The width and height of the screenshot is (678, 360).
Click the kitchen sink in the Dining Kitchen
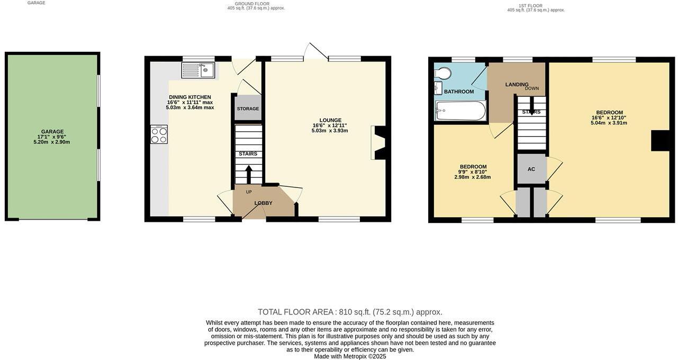click(198, 70)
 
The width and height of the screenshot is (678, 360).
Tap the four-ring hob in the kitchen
click(159, 134)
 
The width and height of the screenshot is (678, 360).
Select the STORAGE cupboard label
click(248, 109)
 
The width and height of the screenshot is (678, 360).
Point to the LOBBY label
click(263, 203)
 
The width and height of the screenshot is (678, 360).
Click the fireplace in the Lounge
click(379, 142)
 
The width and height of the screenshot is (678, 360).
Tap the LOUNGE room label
click(330, 120)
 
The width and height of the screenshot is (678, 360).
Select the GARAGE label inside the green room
click(52, 132)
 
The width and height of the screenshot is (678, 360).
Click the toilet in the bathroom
click(444, 73)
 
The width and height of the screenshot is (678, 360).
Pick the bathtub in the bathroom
click(459, 111)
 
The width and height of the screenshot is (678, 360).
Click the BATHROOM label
click(459, 92)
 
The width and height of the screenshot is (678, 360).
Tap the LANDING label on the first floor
click(517, 85)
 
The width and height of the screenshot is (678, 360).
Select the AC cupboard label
click(531, 169)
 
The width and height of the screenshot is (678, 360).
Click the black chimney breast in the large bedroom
click(660, 140)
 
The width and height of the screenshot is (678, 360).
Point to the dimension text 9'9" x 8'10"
click(473, 172)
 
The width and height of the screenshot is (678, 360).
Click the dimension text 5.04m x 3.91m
click(609, 123)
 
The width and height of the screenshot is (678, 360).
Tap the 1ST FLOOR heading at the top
click(530, 5)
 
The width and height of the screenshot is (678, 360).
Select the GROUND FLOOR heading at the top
click(252, 4)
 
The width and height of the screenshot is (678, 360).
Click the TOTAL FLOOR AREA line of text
click(350, 312)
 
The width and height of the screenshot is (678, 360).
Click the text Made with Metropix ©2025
click(350, 356)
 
